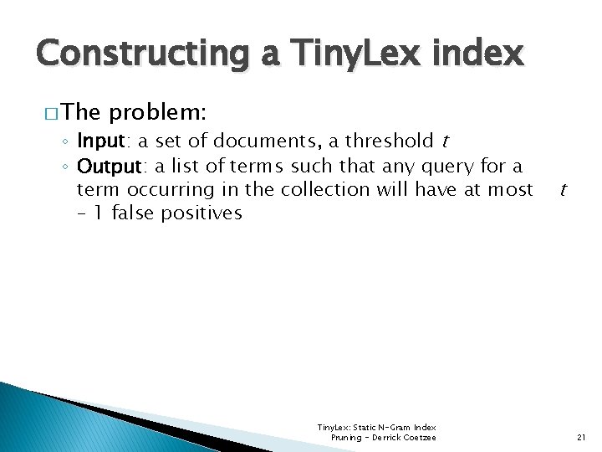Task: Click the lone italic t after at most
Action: [x=563, y=190]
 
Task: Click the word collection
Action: [x=325, y=190]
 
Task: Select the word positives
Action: [x=205, y=213]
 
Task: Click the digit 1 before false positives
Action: [x=99, y=213]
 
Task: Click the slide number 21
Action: [x=583, y=438]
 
